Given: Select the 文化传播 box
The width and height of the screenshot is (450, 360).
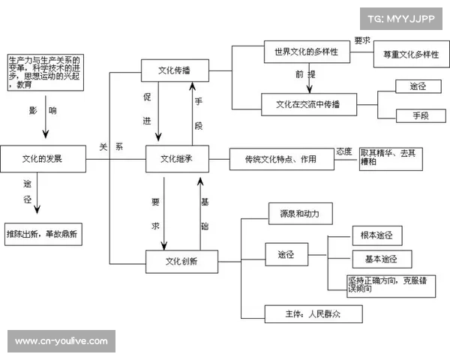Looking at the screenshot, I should (174, 71).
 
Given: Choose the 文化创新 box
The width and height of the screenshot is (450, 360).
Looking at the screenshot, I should (181, 261).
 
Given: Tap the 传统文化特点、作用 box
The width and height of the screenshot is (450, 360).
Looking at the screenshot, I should (280, 159).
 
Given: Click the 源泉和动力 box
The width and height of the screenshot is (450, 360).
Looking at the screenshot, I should (299, 214).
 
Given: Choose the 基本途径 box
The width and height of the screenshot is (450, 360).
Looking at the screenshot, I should (382, 259).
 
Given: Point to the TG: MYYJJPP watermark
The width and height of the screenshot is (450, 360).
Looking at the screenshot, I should (401, 18).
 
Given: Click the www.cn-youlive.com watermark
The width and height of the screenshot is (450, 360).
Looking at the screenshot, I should (62, 341).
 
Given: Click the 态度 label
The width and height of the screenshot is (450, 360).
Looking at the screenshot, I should (344, 151).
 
